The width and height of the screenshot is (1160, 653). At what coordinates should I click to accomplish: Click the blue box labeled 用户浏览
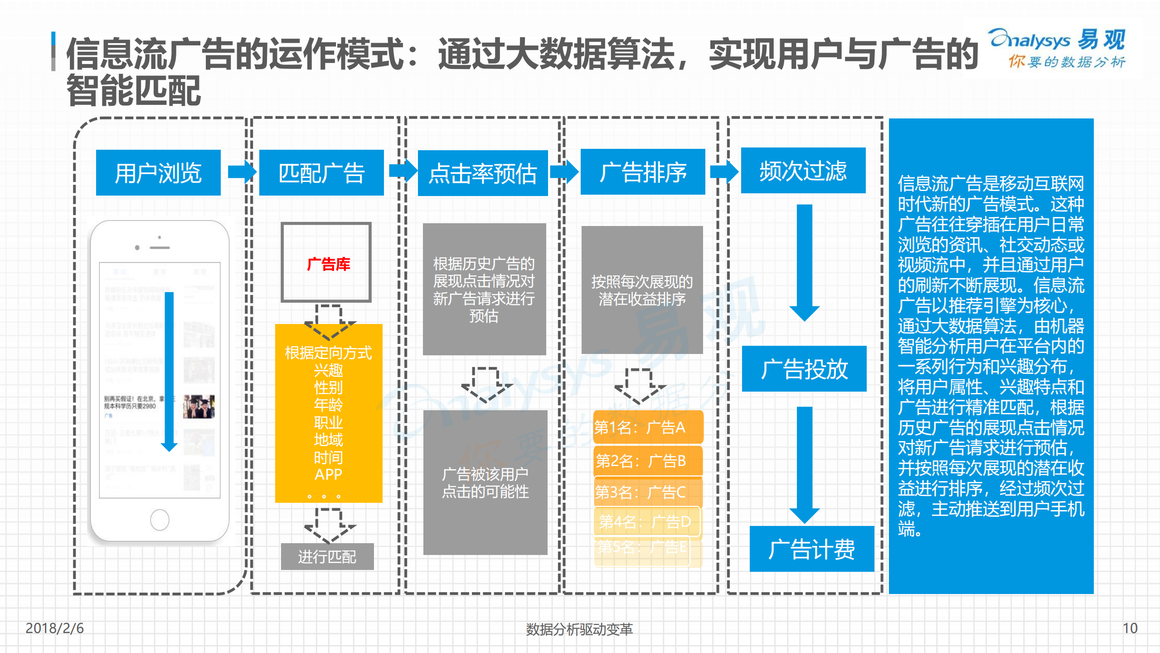(x=158, y=172)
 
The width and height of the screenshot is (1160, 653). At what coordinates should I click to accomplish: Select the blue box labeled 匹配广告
(x=321, y=172)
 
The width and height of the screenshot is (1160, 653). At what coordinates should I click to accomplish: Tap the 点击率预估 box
(x=483, y=173)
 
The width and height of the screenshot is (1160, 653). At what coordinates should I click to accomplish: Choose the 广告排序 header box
(x=643, y=172)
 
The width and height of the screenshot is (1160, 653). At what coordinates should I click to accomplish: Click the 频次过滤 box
(x=803, y=170)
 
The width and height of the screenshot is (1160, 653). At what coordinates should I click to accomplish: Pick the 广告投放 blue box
(x=804, y=368)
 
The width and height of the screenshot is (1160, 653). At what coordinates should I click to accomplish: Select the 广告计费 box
(x=811, y=549)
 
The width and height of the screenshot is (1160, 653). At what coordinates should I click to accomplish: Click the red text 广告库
(x=328, y=264)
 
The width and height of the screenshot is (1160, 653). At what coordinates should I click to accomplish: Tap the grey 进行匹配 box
(x=327, y=556)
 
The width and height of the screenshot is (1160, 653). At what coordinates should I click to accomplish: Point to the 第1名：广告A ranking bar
(x=648, y=427)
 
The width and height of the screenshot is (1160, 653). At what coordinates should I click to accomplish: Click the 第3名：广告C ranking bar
(x=648, y=492)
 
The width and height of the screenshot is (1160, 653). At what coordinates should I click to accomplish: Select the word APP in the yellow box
(x=328, y=474)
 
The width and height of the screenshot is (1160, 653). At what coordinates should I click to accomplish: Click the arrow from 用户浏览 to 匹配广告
(x=242, y=172)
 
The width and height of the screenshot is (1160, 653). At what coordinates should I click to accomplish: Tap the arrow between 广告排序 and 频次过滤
(x=724, y=172)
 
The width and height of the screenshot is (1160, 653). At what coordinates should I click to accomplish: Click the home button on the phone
(x=160, y=520)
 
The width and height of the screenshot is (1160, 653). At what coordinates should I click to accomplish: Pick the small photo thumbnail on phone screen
(x=199, y=406)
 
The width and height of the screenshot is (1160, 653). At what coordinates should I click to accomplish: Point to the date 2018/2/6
(x=54, y=628)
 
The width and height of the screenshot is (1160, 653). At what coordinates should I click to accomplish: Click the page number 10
(x=1130, y=628)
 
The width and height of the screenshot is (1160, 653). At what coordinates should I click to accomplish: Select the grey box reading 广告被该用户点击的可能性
(x=485, y=482)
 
